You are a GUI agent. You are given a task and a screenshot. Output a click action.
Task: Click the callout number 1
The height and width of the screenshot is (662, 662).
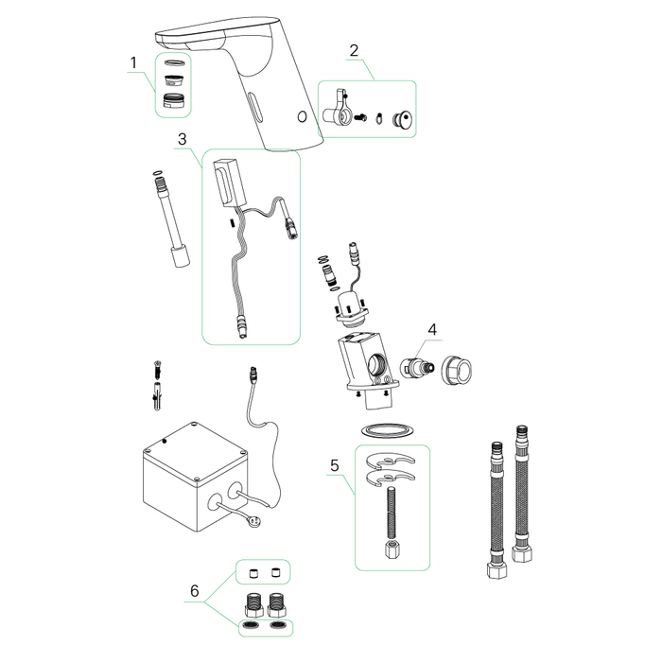[134, 63]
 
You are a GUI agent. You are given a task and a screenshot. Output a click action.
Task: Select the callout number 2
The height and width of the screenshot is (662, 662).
[354, 51]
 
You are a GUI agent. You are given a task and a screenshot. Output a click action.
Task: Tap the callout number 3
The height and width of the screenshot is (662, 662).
[182, 139]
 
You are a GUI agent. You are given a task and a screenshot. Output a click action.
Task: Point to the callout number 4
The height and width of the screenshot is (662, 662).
[432, 329]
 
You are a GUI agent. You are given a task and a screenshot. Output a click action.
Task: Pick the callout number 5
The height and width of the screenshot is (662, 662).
[335, 465]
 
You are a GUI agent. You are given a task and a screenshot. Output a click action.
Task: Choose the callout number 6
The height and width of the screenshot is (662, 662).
[195, 591]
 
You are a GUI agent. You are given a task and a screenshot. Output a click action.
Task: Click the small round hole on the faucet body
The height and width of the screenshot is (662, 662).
[302, 116]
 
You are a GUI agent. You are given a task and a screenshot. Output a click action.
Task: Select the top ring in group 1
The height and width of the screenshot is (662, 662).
[173, 63]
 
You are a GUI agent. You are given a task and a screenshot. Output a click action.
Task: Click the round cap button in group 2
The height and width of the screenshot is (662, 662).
[403, 118]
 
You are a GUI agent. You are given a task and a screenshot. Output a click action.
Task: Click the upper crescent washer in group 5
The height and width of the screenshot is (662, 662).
[391, 460]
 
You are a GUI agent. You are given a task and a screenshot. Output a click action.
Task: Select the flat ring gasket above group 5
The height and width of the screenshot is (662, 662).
[387, 430]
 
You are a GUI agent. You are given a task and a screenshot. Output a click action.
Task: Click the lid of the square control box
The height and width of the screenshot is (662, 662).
[195, 452]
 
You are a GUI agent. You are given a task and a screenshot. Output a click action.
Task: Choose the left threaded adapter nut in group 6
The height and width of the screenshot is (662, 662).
[253, 604]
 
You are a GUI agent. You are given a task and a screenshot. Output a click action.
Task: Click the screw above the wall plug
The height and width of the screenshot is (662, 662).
[158, 371]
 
